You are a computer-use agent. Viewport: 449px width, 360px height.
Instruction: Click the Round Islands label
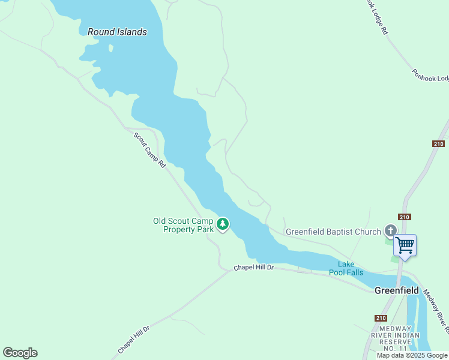(x=117, y=32)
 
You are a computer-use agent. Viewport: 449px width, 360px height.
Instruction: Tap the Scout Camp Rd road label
(x=149, y=150)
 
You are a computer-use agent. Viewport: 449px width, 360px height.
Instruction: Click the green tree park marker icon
(x=223, y=224)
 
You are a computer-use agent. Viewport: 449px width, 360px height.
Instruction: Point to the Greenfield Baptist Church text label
(x=333, y=232)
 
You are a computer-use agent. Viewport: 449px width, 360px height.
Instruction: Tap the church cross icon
(x=391, y=231)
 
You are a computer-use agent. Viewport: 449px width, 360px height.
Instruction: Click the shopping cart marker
(x=405, y=245)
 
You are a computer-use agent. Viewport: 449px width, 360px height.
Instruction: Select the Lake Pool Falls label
(x=346, y=268)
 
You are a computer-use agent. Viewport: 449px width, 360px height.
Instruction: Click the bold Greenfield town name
(x=396, y=290)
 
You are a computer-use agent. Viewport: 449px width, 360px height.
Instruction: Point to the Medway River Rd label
(x=436, y=311)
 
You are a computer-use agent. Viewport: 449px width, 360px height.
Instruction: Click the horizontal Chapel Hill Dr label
(x=253, y=267)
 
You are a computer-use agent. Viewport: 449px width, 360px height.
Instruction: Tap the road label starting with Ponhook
(x=430, y=75)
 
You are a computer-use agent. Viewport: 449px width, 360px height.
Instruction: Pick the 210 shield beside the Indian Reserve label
(x=380, y=319)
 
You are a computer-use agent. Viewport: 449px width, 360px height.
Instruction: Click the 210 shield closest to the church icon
(x=404, y=217)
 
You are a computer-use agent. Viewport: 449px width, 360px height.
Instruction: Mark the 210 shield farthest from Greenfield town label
(x=438, y=143)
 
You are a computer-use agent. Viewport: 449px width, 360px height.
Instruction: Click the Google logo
(x=20, y=352)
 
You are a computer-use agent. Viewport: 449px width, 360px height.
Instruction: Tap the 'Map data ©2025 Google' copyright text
(x=412, y=355)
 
